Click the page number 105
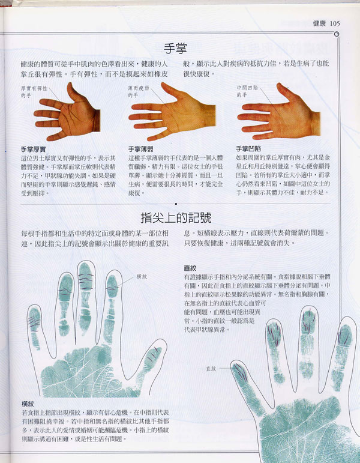(x=335, y=23)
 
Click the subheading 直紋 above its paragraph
(x=191, y=268)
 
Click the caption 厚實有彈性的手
(x=33, y=91)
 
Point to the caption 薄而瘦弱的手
(x=140, y=91)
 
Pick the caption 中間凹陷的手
(x=248, y=91)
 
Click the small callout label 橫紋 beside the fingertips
(x=142, y=276)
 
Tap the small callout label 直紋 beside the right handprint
(x=211, y=368)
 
